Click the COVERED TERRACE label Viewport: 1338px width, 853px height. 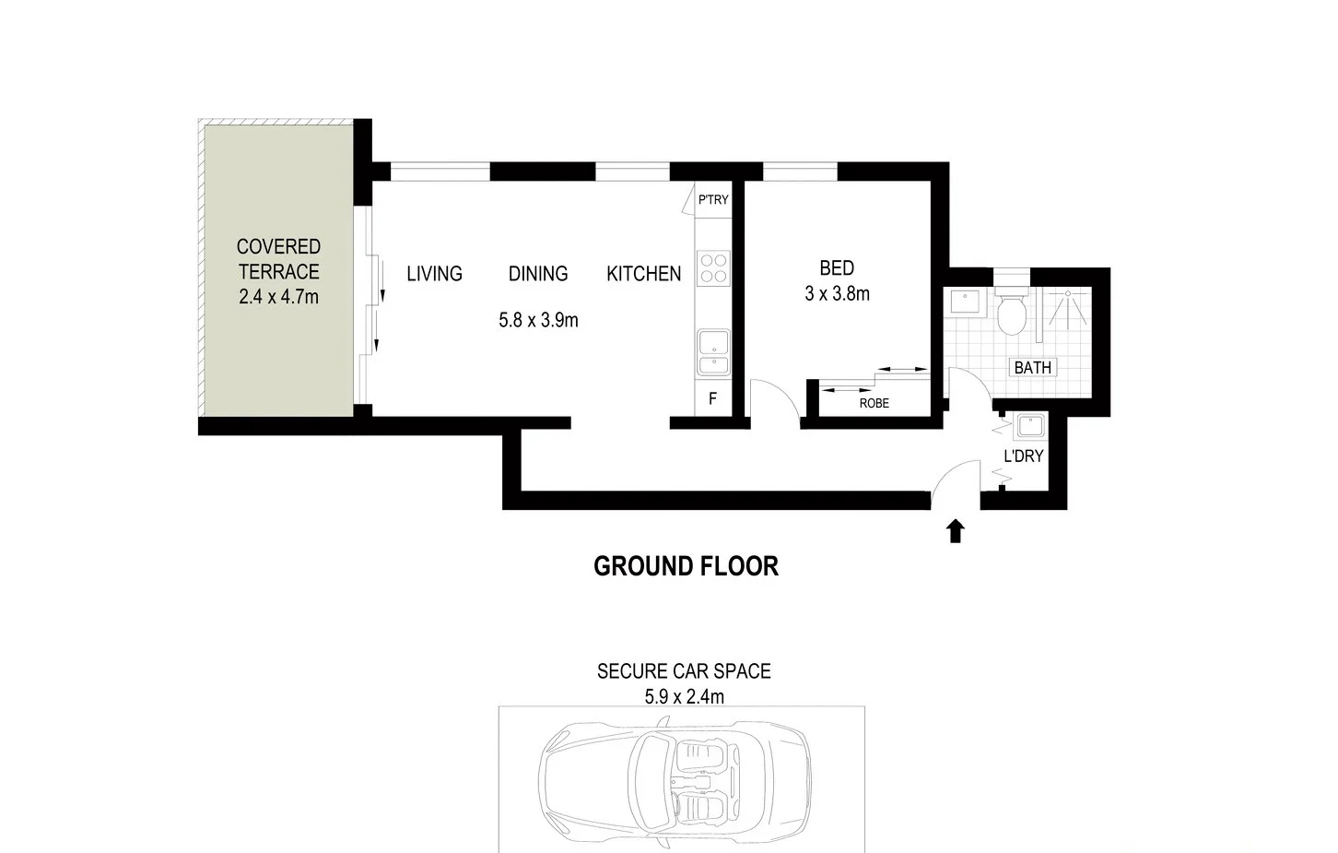tap(278, 259)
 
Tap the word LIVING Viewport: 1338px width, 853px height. tap(434, 274)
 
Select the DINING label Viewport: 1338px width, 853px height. tap(538, 274)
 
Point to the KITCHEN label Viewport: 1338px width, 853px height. tap(643, 274)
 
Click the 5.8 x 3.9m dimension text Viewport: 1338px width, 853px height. tap(538, 321)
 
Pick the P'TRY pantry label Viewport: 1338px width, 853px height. tap(712, 200)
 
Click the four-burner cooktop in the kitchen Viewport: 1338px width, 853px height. tap(713, 268)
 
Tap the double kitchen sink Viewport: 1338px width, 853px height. tap(713, 354)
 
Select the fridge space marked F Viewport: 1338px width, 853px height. tap(712, 399)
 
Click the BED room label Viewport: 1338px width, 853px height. tap(837, 268)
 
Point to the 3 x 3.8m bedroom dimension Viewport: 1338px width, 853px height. tap(837, 294)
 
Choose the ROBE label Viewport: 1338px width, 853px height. tap(874, 403)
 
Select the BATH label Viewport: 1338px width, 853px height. tap(1032, 368)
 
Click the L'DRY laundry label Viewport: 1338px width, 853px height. tap(1023, 456)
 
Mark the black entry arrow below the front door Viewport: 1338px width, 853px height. tap(956, 531)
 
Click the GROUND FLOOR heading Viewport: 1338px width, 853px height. tap(686, 566)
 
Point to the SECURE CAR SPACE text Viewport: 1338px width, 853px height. tap(684, 671)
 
